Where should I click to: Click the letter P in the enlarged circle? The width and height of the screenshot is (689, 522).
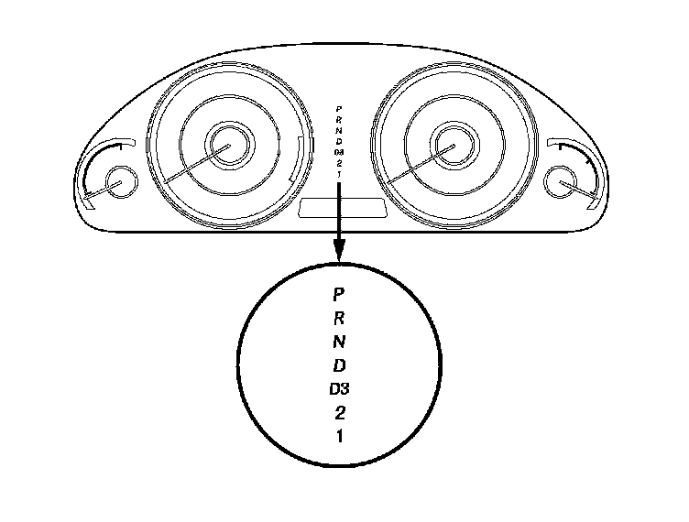(338, 295)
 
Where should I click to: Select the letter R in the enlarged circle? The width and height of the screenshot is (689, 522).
(338, 319)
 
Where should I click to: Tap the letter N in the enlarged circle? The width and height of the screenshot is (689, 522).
(338, 343)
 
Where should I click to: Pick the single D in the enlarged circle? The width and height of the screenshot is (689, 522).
(338, 366)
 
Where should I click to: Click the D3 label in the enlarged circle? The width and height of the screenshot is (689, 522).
(340, 389)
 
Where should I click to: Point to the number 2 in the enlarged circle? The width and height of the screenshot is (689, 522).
(339, 412)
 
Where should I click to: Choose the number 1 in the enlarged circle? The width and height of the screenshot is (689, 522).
(339, 436)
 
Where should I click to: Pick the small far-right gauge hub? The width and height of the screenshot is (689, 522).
(559, 183)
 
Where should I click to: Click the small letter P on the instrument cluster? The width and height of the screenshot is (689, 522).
(339, 109)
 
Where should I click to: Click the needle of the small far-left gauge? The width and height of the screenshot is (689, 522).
(99, 190)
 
